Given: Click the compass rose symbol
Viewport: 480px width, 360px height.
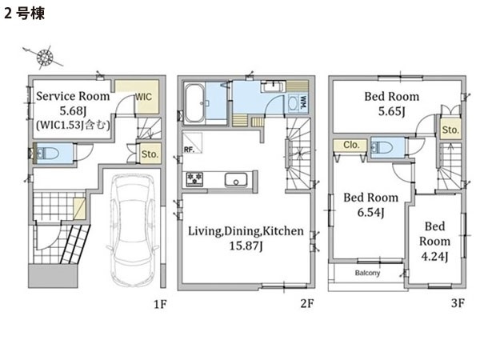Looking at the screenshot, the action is tap(45, 58).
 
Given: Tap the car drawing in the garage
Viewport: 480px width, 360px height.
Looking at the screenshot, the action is tap(133, 230).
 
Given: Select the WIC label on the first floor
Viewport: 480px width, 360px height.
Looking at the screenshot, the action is tap(143, 97).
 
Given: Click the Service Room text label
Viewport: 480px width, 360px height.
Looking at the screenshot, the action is tap(73, 96).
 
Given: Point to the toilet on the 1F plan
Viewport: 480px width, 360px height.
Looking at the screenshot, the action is tap(48, 153).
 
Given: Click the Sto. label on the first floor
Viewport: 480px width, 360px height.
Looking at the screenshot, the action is tap(150, 154).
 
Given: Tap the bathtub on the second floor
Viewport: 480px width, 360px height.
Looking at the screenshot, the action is tap(195, 103).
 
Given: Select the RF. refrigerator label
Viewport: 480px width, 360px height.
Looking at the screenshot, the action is tap(189, 150).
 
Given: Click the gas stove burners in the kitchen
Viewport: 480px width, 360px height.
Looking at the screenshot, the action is tap(195, 180).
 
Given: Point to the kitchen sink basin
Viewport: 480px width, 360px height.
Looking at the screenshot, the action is tap(236, 180).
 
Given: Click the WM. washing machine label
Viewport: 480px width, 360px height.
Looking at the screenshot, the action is tap(303, 103).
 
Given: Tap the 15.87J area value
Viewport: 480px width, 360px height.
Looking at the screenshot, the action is tap(246, 246).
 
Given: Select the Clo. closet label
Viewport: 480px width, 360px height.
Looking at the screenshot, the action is tap(351, 145).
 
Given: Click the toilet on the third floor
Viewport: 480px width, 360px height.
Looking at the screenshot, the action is tap(382, 148).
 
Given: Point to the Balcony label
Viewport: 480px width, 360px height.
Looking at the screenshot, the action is tap(367, 273).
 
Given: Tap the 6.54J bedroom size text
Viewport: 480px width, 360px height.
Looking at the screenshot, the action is tap(370, 212).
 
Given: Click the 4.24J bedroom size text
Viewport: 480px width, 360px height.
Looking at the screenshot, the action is tap(434, 256).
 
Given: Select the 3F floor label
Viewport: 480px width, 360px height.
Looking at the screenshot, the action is tap(458, 303).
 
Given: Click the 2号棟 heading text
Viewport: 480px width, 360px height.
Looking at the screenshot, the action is tap(24, 14).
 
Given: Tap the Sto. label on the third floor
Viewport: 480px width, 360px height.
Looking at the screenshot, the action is tap(450, 130).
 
